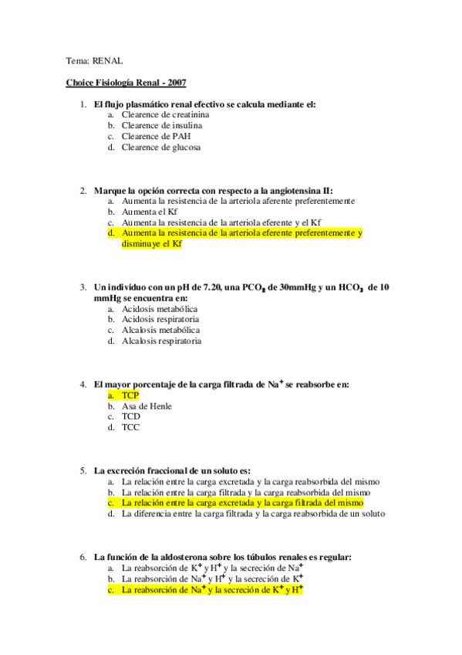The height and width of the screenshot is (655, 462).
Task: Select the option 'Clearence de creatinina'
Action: (165, 114)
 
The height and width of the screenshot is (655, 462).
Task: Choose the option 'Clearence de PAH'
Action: (155, 136)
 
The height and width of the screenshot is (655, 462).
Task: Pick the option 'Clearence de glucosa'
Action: (160, 147)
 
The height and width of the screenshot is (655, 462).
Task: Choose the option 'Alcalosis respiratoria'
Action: (161, 341)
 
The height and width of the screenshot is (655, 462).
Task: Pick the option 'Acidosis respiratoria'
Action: (160, 319)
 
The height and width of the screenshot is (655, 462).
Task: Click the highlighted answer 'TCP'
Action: (130, 395)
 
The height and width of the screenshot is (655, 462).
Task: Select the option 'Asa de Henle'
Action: (147, 406)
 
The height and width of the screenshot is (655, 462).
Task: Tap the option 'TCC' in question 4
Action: (130, 427)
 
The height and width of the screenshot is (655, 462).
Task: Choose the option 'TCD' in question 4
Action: (130, 416)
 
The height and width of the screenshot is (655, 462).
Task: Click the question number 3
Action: (83, 287)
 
